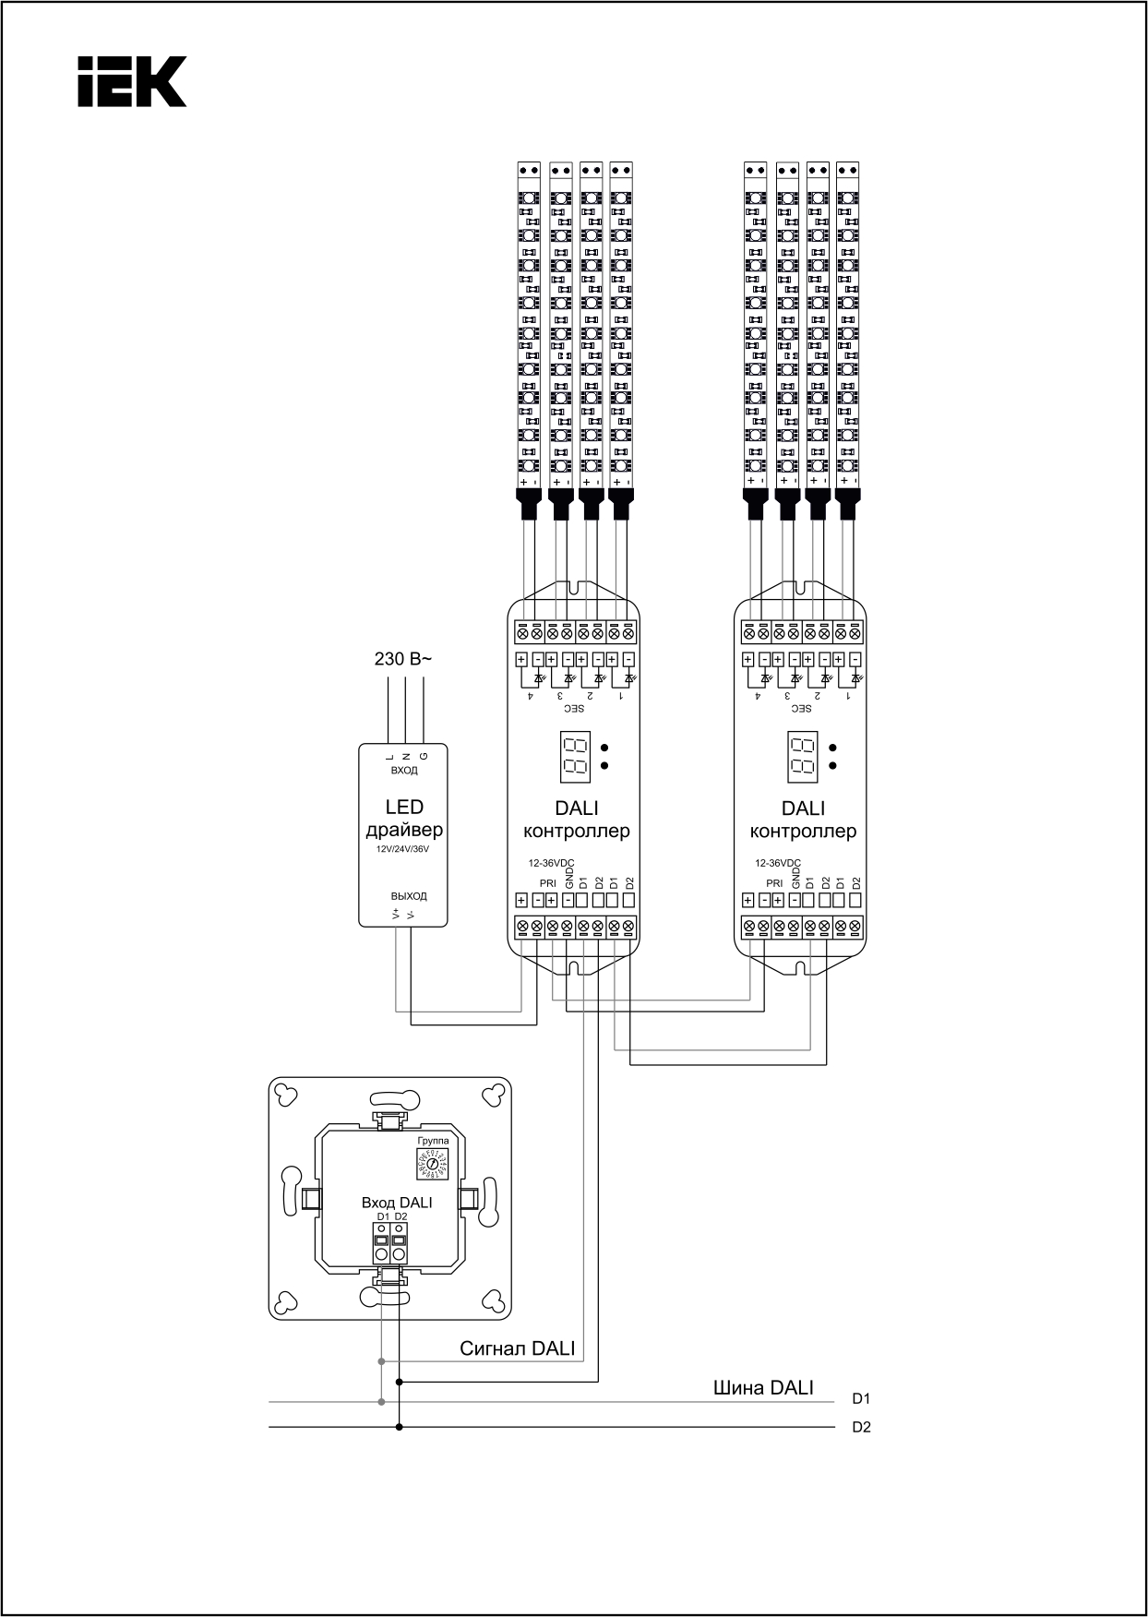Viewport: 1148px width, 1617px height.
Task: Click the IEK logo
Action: click(132, 81)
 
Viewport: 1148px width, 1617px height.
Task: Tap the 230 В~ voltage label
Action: click(402, 660)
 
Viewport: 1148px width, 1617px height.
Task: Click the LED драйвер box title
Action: click(404, 819)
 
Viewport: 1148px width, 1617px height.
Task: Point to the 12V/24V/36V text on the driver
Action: click(403, 849)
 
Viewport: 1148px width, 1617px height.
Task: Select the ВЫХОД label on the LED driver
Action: click(408, 896)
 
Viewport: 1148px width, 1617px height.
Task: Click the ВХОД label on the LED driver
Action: click(404, 771)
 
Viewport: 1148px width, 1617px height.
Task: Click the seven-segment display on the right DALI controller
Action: click(803, 755)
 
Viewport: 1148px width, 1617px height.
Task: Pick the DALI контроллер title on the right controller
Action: click(803, 820)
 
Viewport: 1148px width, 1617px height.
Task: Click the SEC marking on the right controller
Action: click(801, 709)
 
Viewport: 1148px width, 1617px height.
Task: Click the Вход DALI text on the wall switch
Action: click(397, 1203)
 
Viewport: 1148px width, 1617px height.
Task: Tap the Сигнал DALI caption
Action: click(517, 1348)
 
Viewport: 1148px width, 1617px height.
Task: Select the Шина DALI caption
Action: click(763, 1387)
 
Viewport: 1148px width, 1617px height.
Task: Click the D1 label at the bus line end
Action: click(861, 1399)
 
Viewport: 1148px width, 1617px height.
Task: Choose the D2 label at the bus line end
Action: click(861, 1428)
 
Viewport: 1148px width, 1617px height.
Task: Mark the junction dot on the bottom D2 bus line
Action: click(399, 1427)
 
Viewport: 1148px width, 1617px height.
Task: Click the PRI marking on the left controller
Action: click(547, 883)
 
